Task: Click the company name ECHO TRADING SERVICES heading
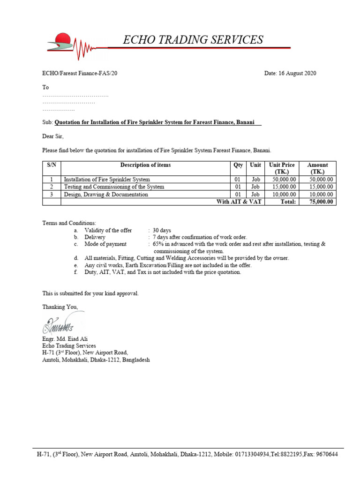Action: [x=193, y=40]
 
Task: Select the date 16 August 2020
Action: [x=291, y=73]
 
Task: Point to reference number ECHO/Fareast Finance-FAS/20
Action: [x=83, y=73]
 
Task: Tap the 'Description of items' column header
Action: [x=145, y=165]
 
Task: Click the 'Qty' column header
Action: [x=238, y=165]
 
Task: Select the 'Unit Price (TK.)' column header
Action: [x=282, y=168]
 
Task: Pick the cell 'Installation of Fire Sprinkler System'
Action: [x=107, y=180]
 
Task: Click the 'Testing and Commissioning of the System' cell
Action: [x=114, y=187]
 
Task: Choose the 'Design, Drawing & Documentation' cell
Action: [x=106, y=195]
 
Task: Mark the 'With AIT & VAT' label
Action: [x=239, y=202]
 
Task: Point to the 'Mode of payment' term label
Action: [x=105, y=244]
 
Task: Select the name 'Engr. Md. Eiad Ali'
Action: [x=65, y=339]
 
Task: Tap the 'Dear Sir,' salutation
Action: [x=52, y=136]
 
